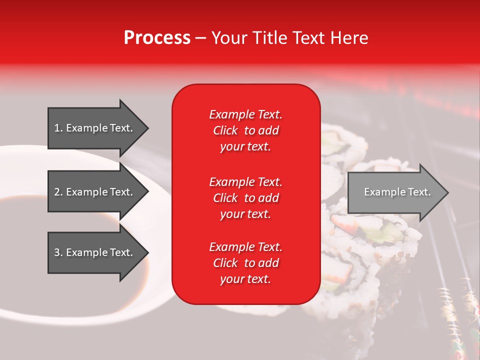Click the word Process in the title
(x=157, y=38)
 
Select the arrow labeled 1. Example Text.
(x=95, y=128)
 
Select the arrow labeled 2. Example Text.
(x=95, y=192)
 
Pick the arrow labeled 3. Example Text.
(x=95, y=252)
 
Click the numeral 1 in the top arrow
(x=57, y=128)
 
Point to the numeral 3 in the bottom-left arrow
(x=57, y=252)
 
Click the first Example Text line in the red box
(x=245, y=114)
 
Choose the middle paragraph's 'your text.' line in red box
(x=245, y=214)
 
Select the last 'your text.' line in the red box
(x=245, y=279)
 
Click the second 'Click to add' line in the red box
(x=245, y=198)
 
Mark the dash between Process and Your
(x=200, y=38)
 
